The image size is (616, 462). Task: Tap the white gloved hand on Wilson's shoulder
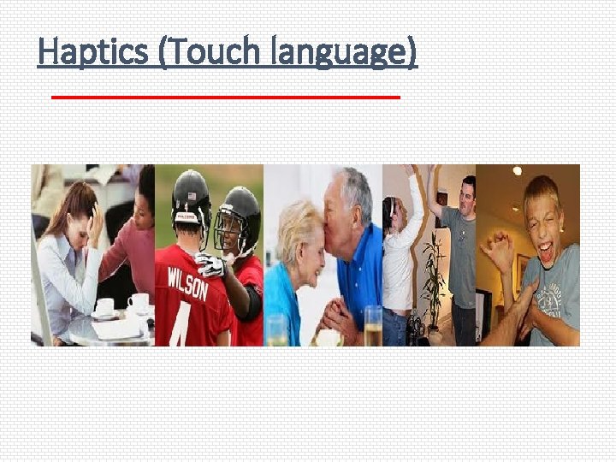[210, 264]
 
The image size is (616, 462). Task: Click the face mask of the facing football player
[229, 232]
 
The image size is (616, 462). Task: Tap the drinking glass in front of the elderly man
[373, 326]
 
